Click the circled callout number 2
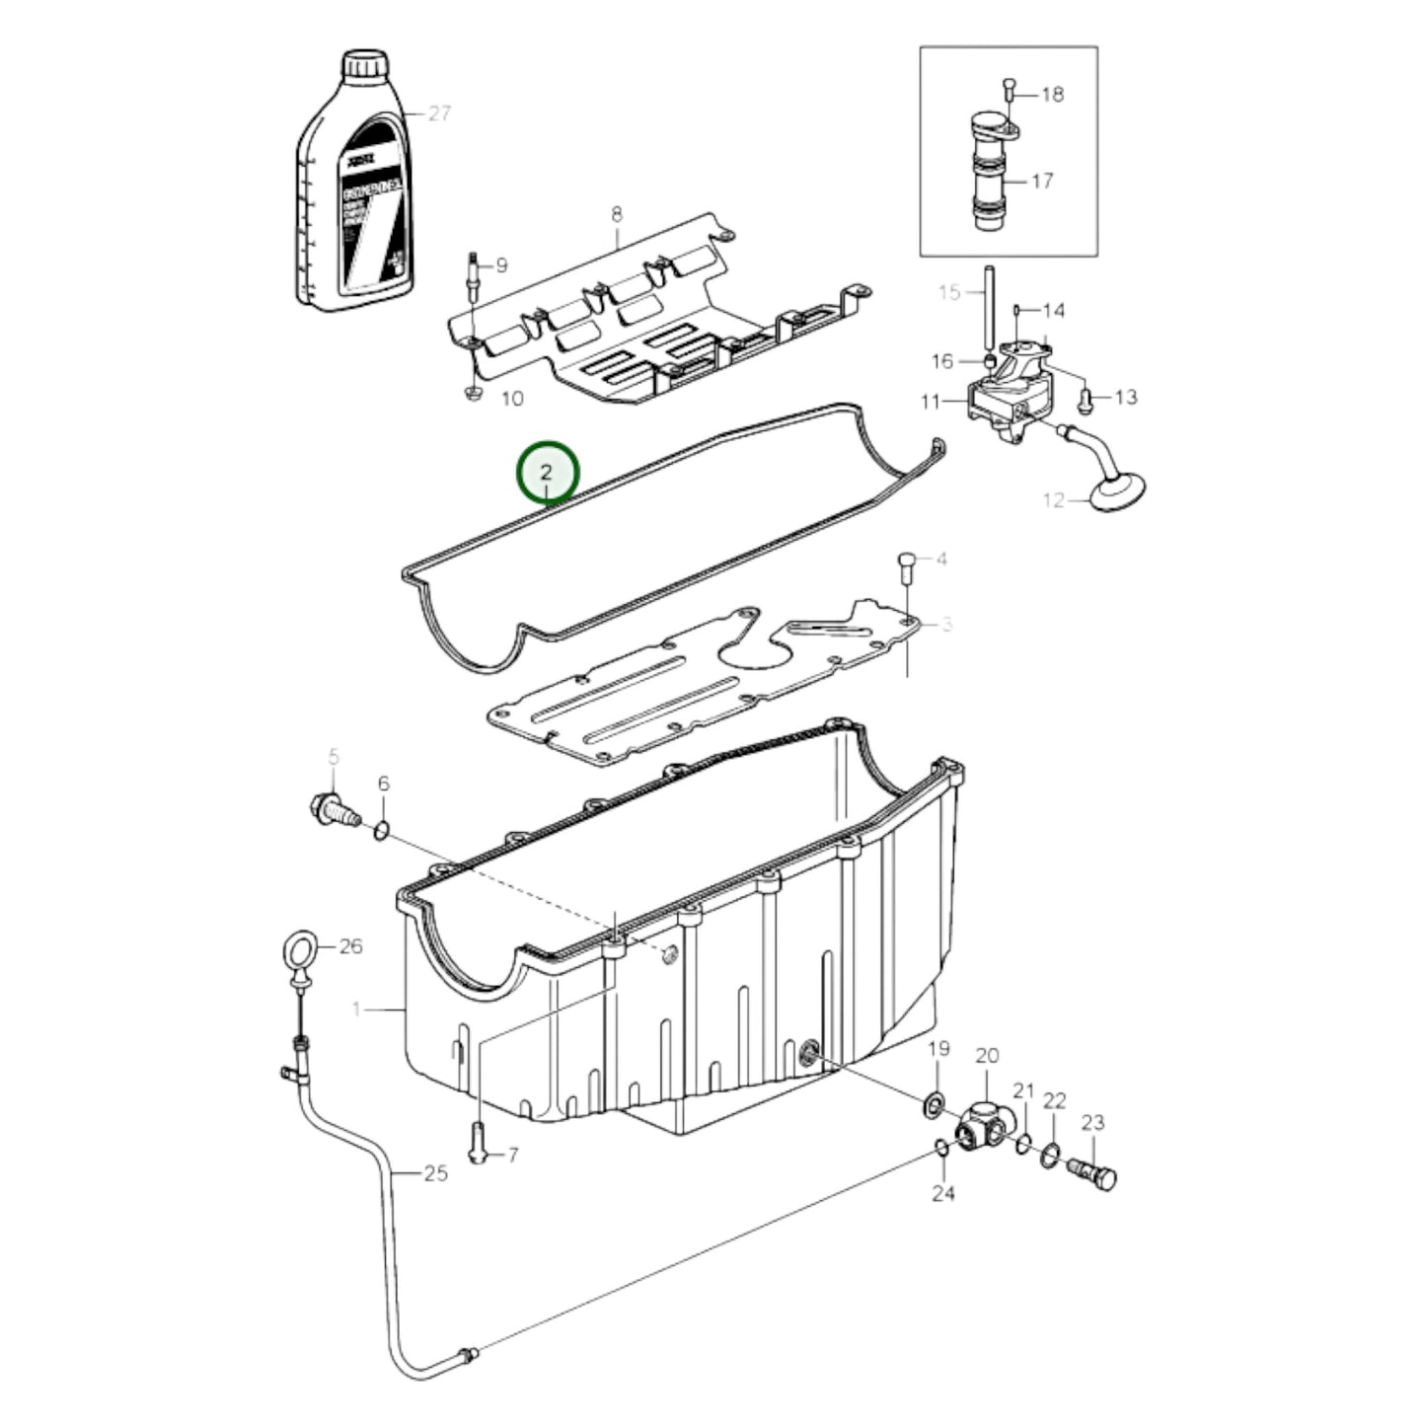coord(549,472)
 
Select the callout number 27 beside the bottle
coord(439,113)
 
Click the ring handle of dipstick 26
coord(299,952)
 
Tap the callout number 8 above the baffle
coord(617,213)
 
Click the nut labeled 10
coord(472,394)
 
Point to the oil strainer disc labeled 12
coord(1117,490)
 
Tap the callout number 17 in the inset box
coord(1042,181)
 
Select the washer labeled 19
coord(933,1106)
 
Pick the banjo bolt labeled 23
coord(1092,1173)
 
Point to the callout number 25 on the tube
coord(435,1173)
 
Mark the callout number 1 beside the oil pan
coord(357,1009)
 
